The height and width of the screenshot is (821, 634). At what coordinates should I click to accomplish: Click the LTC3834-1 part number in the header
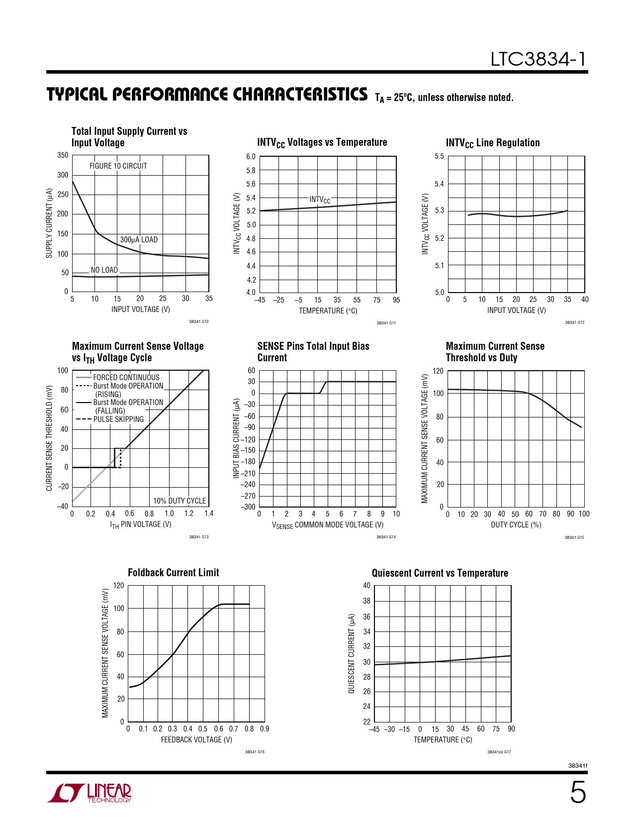538,59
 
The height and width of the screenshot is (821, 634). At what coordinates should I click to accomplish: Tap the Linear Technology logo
90,793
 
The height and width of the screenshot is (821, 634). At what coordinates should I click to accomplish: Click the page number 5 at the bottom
577,793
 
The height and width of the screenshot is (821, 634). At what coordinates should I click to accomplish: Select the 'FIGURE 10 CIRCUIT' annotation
118,166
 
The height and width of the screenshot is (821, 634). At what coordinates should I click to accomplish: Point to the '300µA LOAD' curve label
139,240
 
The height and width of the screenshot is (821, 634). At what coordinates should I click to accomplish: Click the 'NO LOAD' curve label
104,270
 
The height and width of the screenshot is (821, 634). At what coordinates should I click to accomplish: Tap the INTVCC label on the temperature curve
320,200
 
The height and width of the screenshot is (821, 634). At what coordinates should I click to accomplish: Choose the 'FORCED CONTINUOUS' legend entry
126,378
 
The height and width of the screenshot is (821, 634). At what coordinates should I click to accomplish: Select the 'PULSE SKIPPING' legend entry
118,419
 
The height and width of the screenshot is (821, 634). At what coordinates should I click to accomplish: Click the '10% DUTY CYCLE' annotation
180,501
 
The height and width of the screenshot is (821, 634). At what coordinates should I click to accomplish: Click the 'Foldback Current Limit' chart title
174,573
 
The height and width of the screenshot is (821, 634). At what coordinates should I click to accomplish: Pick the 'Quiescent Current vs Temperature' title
440,573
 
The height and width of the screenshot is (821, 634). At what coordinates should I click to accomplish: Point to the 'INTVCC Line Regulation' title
493,143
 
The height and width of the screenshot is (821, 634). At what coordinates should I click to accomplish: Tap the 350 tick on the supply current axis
63,155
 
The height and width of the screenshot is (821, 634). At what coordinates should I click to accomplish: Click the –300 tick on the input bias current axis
248,507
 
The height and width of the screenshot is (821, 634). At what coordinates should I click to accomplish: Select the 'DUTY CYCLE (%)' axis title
516,525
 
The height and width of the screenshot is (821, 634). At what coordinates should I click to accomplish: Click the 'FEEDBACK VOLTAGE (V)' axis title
196,740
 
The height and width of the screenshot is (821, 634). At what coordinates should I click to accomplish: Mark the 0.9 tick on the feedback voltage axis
265,729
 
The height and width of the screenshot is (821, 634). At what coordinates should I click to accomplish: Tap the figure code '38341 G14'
386,537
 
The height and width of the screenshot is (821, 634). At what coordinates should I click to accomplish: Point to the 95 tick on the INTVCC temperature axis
396,300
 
